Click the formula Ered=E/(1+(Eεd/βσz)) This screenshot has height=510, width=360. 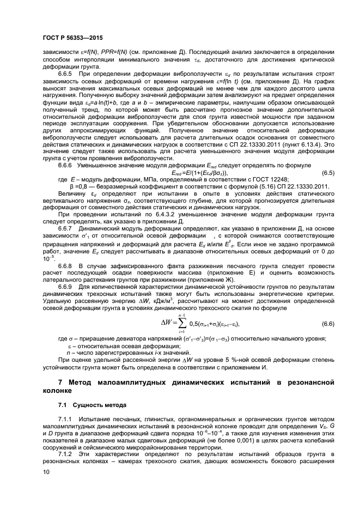tap(196, 173)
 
